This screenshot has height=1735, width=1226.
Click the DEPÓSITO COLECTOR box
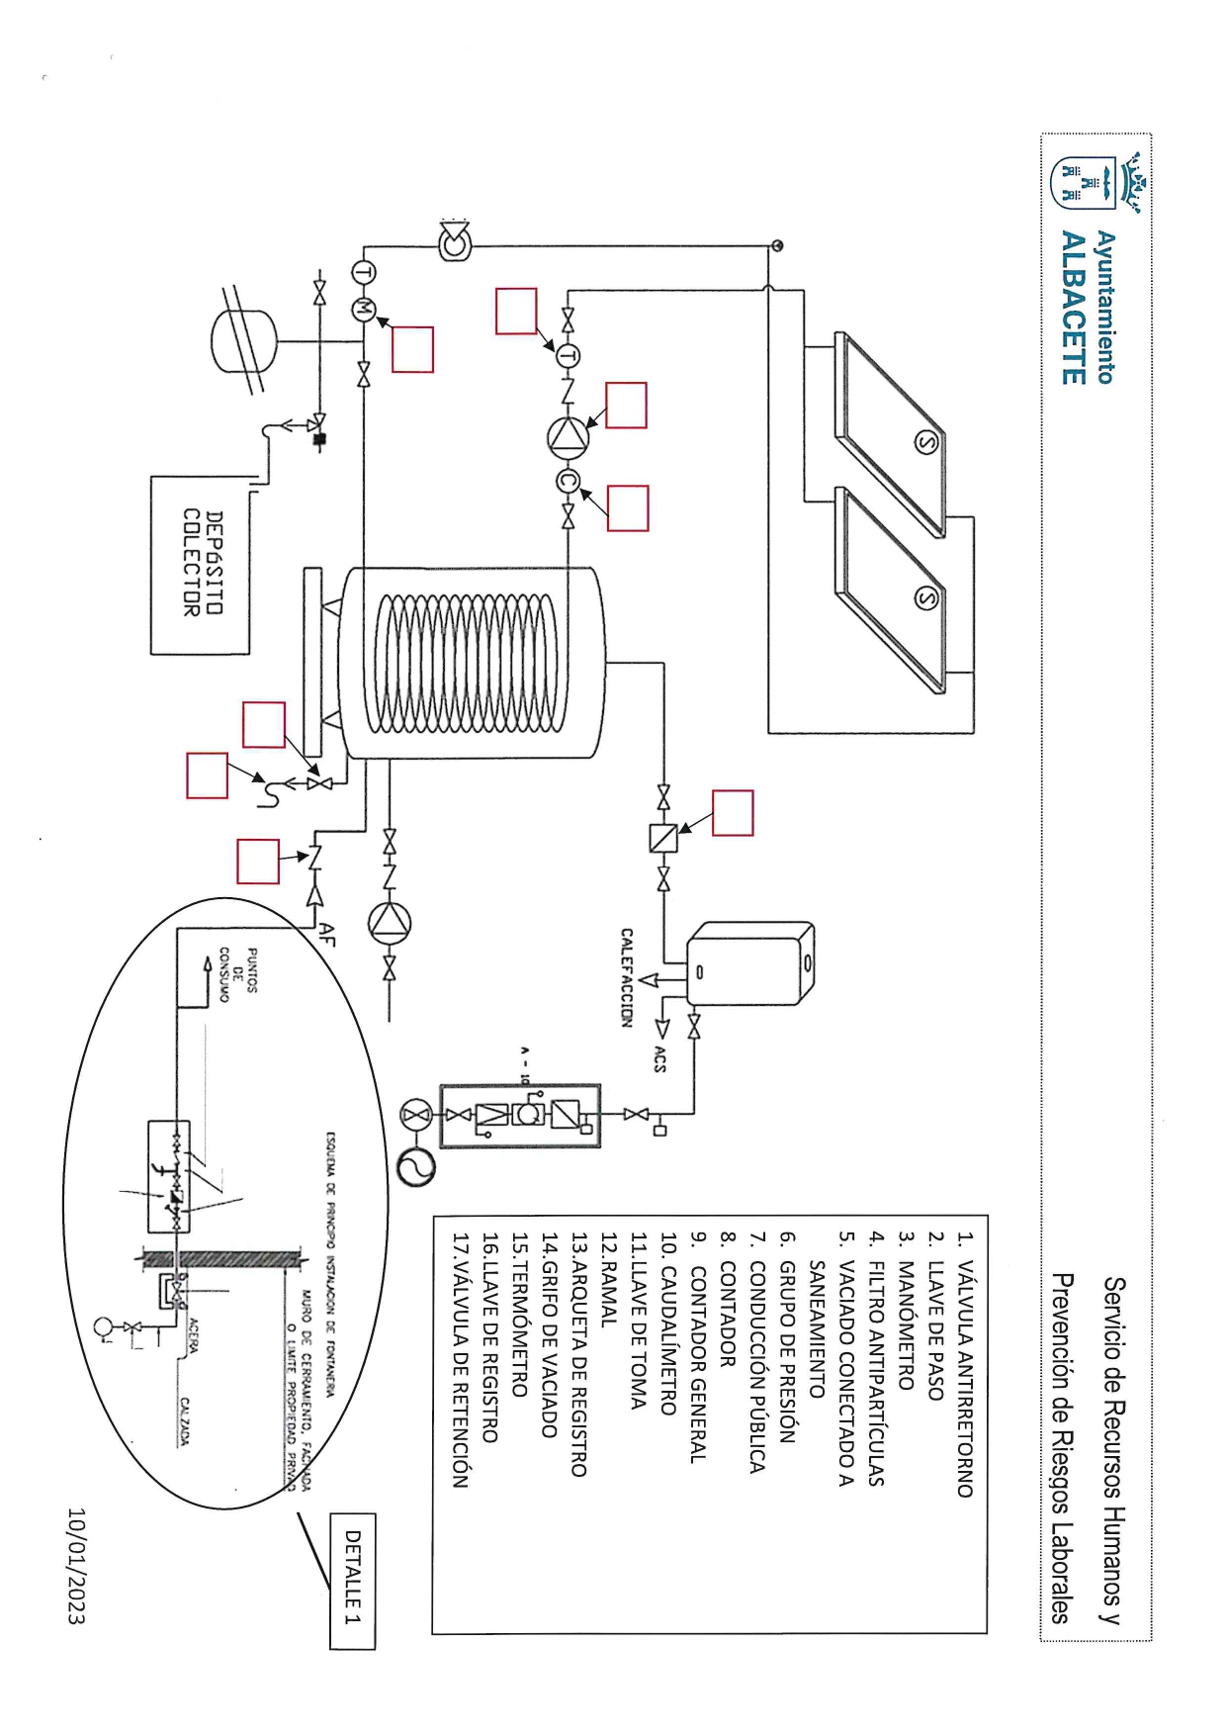pyautogui.click(x=201, y=565)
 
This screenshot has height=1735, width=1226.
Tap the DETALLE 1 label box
pyautogui.click(x=352, y=1581)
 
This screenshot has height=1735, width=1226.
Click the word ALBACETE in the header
pyautogui.click(x=1073, y=307)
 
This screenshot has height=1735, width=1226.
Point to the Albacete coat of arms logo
pyautogui.click(x=1095, y=184)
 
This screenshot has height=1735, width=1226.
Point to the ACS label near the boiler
pyautogui.click(x=659, y=1059)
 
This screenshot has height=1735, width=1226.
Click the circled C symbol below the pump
pyautogui.click(x=568, y=482)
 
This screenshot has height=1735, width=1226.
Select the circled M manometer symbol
pyautogui.click(x=363, y=308)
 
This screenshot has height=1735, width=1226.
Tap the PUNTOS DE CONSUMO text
pyautogui.click(x=238, y=974)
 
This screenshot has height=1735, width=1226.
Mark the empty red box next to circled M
pyautogui.click(x=412, y=349)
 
